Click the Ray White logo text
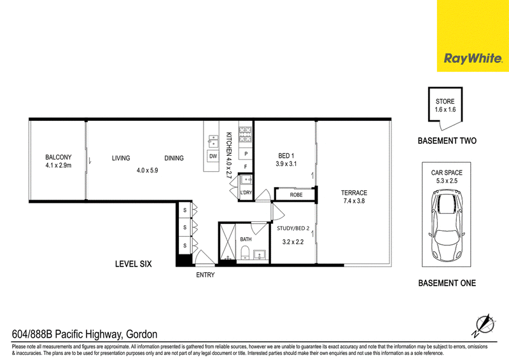point(473,59)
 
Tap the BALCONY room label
point(59,157)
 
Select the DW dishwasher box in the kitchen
point(213,156)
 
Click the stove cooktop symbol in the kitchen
point(246,134)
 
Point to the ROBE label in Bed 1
point(296,195)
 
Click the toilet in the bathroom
point(246,253)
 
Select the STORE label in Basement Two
point(445,101)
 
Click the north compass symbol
point(484,325)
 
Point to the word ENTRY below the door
point(205,275)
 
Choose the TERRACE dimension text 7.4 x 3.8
point(354,201)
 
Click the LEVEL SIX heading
point(134,264)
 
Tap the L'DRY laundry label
point(246,193)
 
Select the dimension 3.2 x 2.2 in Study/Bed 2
point(293,242)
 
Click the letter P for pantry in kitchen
point(246,154)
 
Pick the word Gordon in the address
point(141,334)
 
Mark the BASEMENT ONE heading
point(447,283)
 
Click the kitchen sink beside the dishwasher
point(213,142)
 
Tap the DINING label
point(174,158)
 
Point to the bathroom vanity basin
point(260,254)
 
